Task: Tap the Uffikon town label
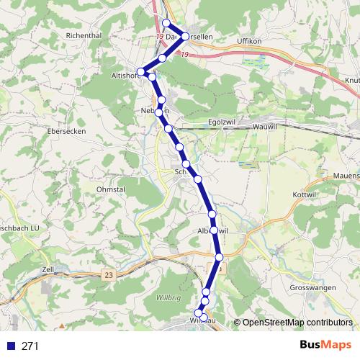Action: click(251, 42)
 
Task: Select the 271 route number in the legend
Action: click(30, 346)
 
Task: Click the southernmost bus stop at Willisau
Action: click(203, 318)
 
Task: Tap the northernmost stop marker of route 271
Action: click(166, 23)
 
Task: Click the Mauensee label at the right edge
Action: click(345, 174)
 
